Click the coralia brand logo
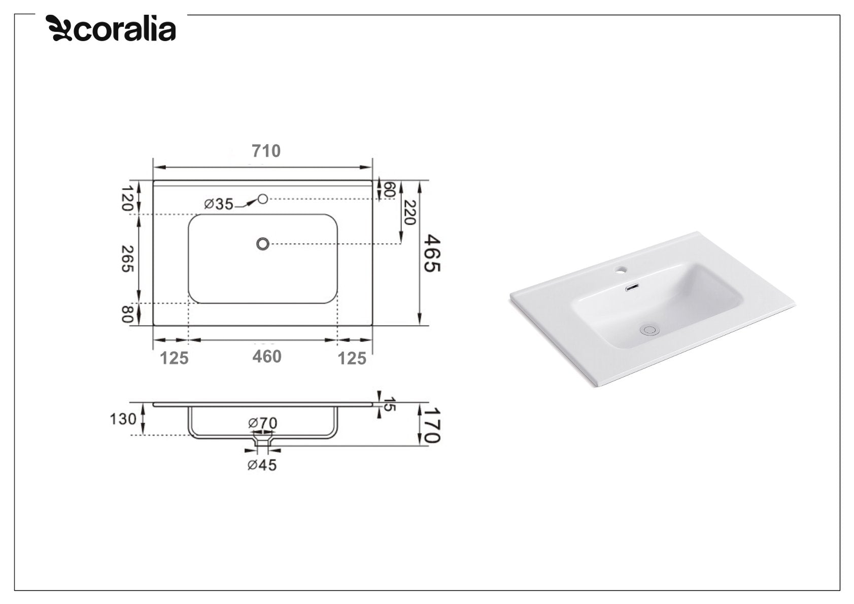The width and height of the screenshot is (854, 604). pyautogui.click(x=111, y=28)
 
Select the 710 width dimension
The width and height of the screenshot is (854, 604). pyautogui.click(x=266, y=151)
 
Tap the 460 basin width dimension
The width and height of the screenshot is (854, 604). pyautogui.click(x=267, y=357)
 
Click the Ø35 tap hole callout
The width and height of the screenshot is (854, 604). pyautogui.click(x=219, y=204)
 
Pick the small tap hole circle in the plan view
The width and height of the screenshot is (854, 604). pyautogui.click(x=262, y=198)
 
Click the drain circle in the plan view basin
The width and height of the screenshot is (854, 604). pyautogui.click(x=262, y=244)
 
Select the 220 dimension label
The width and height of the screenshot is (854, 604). pyautogui.click(x=409, y=213)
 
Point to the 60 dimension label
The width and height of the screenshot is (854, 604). pyautogui.click(x=389, y=190)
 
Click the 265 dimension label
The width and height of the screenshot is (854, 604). pyautogui.click(x=127, y=259)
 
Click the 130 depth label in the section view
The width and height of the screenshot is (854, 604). pyautogui.click(x=123, y=419)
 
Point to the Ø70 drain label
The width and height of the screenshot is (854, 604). pyautogui.click(x=262, y=423)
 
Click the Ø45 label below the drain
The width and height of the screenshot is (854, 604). pyautogui.click(x=262, y=465)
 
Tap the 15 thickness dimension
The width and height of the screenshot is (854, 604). pyautogui.click(x=389, y=405)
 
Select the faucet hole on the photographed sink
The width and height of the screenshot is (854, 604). pyautogui.click(x=620, y=269)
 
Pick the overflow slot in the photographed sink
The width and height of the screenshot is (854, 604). pyautogui.click(x=632, y=288)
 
